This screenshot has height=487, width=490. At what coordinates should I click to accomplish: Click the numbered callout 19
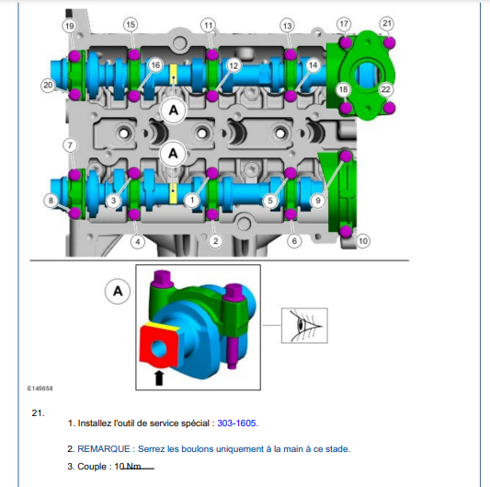69,26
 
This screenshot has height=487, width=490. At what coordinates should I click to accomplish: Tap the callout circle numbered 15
131,25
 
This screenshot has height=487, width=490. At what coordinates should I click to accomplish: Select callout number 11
209,25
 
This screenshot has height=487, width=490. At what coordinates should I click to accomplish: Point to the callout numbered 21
387,23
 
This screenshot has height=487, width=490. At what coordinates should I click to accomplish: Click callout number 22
386,89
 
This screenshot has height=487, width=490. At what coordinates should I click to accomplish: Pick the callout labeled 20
48,85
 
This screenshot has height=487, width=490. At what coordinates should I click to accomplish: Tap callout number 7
70,145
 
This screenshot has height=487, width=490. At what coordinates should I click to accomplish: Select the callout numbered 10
363,241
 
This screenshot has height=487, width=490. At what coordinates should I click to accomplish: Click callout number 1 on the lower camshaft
192,201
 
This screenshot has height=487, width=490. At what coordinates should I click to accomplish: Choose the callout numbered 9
318,201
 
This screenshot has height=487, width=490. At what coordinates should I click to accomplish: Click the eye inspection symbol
304,326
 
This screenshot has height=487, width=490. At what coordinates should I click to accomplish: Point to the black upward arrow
159,377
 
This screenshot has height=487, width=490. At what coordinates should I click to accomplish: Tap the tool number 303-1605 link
237,423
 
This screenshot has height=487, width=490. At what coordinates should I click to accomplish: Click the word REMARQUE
104,449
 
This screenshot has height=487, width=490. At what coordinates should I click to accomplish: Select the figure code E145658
40,388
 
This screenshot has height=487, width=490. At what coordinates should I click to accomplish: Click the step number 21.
38,412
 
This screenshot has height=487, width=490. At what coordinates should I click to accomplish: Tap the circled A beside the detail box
118,292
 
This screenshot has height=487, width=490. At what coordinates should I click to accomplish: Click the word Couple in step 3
92,467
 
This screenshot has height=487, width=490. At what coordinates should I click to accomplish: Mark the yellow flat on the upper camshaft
173,75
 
